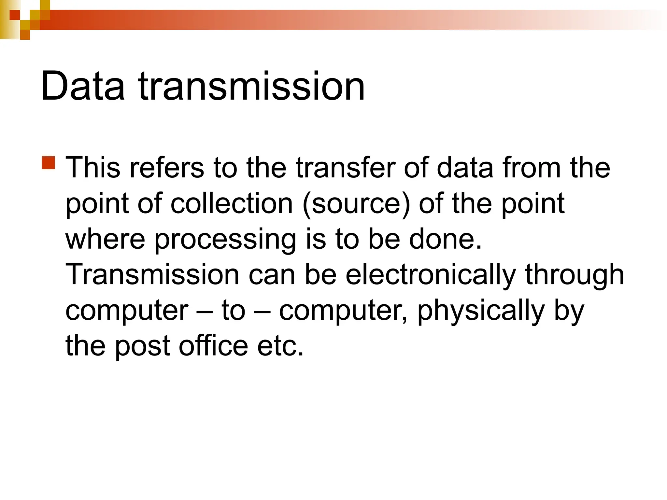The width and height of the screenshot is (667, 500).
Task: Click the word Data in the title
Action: click(83, 87)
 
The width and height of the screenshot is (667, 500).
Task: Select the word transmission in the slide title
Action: click(251, 87)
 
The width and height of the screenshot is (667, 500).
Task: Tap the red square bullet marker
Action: click(48, 163)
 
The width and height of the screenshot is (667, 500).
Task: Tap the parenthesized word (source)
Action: click(356, 204)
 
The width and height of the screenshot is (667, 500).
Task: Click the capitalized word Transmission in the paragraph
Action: click(152, 275)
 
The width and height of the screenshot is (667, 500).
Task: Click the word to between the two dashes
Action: click(233, 311)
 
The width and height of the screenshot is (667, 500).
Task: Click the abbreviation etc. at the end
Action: click(280, 346)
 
